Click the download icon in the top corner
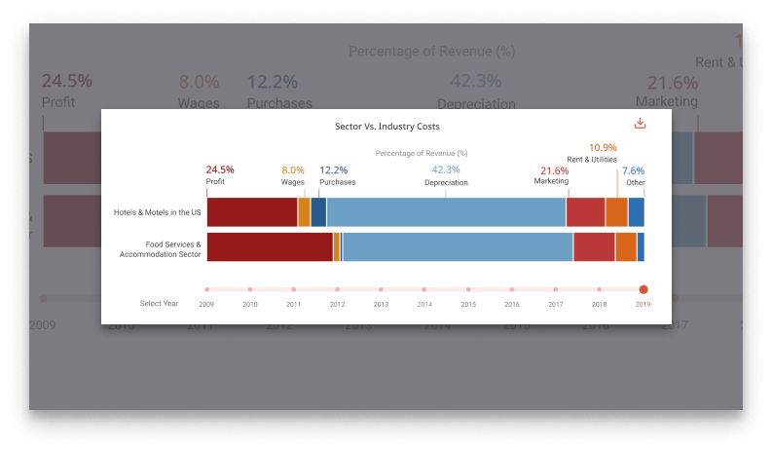[x=640, y=124]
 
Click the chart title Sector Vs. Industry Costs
[x=386, y=127]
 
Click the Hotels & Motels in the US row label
[x=157, y=212]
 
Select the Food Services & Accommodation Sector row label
[x=161, y=249]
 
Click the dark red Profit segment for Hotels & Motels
[x=252, y=212]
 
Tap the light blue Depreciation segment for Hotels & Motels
[x=446, y=212]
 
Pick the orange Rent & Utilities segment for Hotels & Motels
[x=616, y=212]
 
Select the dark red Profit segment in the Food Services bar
[x=270, y=247]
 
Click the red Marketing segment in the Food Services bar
[x=594, y=247]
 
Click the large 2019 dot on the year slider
[x=643, y=289]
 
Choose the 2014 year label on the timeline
[x=424, y=304]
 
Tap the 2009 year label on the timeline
[x=206, y=304]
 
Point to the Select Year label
[x=159, y=304]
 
